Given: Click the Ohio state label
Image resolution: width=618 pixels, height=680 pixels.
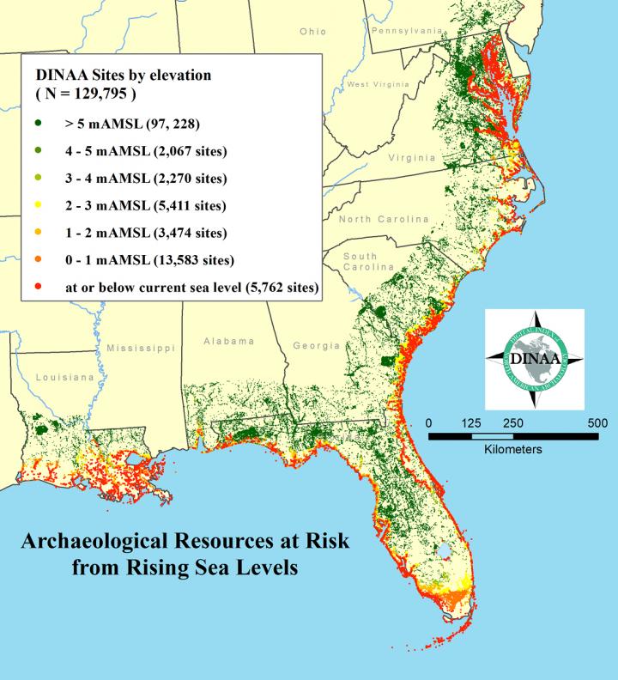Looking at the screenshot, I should pos(313,32).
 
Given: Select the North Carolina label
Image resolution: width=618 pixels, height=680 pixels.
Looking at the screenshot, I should pos(384,220).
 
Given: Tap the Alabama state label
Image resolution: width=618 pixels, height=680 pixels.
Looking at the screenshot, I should pos(228,342).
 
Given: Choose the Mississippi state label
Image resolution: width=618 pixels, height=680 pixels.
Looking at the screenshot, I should pos(141,348).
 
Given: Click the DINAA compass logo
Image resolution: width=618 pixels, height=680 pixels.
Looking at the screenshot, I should pos(535,360).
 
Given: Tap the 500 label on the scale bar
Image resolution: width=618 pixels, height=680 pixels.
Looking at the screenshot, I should pos(597,422).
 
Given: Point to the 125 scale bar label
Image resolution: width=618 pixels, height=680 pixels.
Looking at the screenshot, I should pos(470,422).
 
